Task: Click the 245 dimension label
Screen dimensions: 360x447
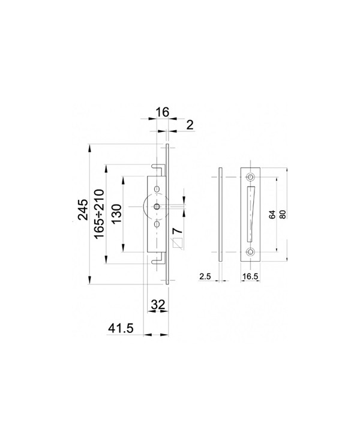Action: [83, 209]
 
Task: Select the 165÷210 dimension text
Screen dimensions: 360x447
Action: [99, 214]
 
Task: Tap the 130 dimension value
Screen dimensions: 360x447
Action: [116, 214]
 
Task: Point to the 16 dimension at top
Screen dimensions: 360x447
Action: [163, 112]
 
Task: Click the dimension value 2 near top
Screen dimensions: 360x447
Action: [190, 125]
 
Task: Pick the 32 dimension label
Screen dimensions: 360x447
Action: [158, 305]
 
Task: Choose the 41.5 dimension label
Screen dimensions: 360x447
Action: [121, 328]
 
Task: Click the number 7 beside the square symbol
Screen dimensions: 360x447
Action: [178, 230]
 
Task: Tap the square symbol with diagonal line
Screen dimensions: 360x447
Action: [177, 243]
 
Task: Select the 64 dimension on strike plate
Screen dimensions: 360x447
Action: [272, 214]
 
